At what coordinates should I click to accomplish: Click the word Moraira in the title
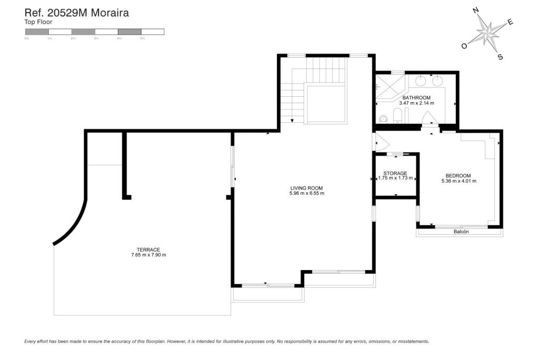point(109,13)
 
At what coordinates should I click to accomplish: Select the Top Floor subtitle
point(38,22)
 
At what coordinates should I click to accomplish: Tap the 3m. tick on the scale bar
point(96,38)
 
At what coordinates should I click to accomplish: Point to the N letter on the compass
point(475,10)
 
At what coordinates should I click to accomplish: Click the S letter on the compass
point(500,57)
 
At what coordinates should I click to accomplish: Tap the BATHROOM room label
point(416,98)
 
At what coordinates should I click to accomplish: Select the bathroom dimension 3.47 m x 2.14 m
point(416,104)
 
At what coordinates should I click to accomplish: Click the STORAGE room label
point(395,173)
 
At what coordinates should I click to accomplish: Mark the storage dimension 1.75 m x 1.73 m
point(395,178)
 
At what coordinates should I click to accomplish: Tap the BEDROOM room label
point(458,176)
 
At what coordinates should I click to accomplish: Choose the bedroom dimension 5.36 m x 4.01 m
point(458,182)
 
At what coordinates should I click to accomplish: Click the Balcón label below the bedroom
point(461,232)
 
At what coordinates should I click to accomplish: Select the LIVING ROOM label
point(306,188)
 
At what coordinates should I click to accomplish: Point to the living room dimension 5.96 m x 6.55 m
point(306,194)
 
